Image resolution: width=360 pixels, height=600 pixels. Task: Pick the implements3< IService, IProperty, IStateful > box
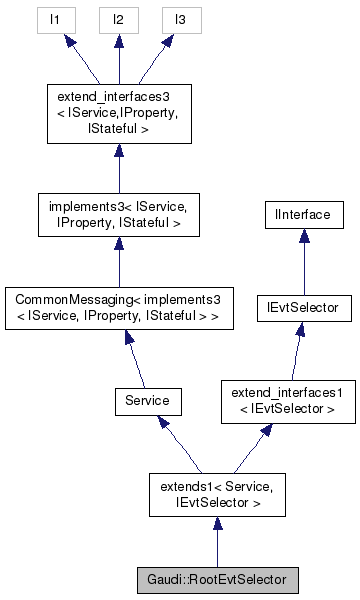118,217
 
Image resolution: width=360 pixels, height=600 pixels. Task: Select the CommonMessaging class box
118,309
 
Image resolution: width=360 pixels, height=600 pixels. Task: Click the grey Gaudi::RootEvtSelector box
217,579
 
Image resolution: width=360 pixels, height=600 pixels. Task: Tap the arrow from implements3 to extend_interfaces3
118,168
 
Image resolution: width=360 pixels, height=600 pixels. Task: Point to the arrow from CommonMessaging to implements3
118,265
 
